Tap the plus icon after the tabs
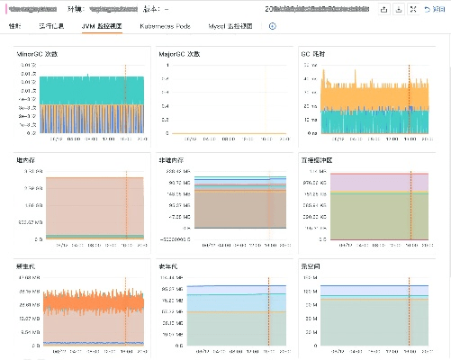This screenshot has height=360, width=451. click(x=273, y=26)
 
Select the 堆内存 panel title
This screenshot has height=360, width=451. click(x=26, y=160)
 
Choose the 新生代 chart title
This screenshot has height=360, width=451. click(x=26, y=266)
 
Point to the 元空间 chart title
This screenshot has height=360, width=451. click(x=311, y=266)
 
